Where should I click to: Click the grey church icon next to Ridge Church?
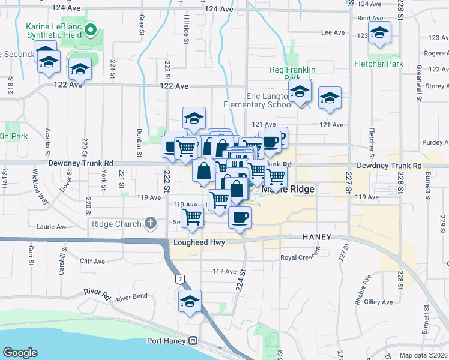click(x=150, y=224)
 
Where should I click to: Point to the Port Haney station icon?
click(x=193, y=341)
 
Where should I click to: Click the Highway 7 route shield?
click(x=179, y=279)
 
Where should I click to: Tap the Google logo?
click(x=20, y=352)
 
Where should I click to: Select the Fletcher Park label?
click(x=378, y=63)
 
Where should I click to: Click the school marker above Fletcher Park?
click(x=379, y=35)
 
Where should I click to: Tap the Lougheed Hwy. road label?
click(x=200, y=242)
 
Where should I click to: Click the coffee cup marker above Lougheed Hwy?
click(x=240, y=218)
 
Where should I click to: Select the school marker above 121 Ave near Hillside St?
click(x=194, y=119)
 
